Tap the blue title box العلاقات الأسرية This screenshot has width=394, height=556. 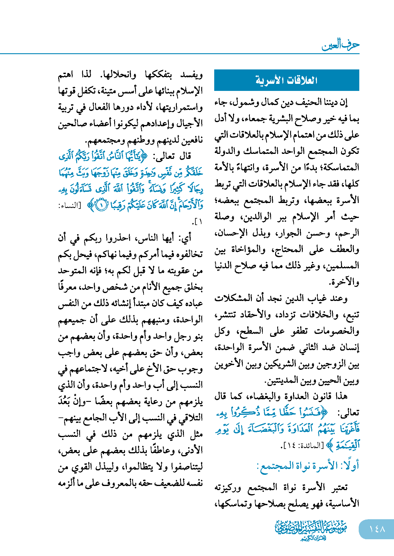coord(287,80)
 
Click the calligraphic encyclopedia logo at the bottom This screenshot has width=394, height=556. coord(311,530)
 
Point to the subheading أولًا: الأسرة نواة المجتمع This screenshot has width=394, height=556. coord(308,466)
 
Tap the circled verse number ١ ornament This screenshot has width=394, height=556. coord(101,205)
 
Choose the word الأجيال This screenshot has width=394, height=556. coord(189,124)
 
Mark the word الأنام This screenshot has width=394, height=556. coord(147,287)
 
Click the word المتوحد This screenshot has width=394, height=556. coord(71,271)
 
